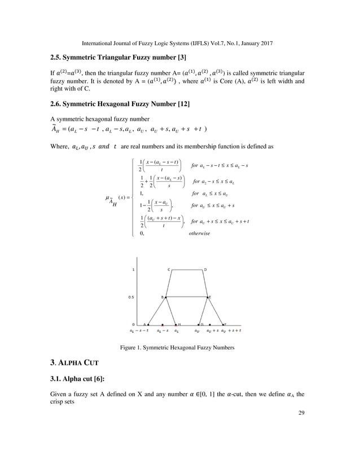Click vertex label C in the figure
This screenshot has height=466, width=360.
(x=169, y=270)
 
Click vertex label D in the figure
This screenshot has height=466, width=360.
(x=205, y=270)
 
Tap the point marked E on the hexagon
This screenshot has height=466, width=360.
(x=209, y=297)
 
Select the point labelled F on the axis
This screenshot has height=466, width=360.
(x=224, y=325)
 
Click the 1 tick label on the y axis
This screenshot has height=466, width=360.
(x=133, y=270)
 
